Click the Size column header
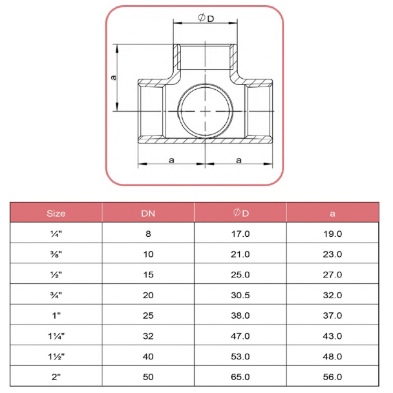56,214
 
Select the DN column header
148,214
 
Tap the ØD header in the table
241,213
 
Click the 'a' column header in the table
332,214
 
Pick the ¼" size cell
56,234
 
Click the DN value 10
149,254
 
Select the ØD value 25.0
240,275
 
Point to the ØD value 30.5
240,296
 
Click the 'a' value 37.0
332,316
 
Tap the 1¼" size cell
56,336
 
